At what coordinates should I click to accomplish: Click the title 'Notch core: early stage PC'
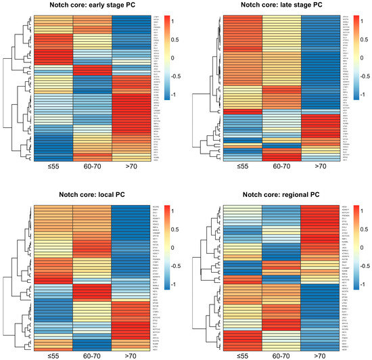[x=92, y=6]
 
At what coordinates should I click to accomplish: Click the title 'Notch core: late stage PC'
[x=279, y=6]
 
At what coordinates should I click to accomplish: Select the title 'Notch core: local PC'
[x=92, y=190]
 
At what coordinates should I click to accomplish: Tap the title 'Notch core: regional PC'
[x=279, y=190]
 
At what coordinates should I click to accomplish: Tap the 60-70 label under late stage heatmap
[x=279, y=165]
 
